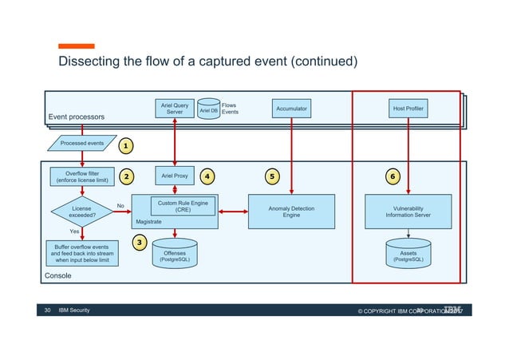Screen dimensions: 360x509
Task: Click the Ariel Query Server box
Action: (x=174, y=109)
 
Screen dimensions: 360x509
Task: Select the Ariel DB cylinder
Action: (x=208, y=110)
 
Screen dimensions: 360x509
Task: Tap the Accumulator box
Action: (x=291, y=108)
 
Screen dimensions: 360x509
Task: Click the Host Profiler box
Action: (x=409, y=108)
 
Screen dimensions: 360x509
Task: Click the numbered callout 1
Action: (x=126, y=146)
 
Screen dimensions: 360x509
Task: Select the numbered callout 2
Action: (x=126, y=175)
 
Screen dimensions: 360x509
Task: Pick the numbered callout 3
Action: (x=139, y=242)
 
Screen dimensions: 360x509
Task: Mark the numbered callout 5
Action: (x=272, y=175)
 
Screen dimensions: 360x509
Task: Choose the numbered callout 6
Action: (x=393, y=175)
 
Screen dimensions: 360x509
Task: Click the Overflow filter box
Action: (x=82, y=176)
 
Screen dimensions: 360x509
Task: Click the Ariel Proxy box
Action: (x=175, y=175)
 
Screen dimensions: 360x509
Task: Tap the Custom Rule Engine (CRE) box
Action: (x=183, y=207)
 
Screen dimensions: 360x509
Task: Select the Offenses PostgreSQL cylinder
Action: (x=174, y=255)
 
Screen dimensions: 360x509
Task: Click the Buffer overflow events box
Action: (x=82, y=253)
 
